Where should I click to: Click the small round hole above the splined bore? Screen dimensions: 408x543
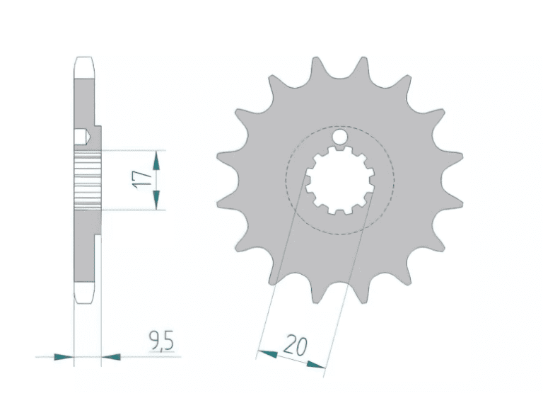click(340, 136)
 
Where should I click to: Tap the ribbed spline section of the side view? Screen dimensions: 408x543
click(88, 180)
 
